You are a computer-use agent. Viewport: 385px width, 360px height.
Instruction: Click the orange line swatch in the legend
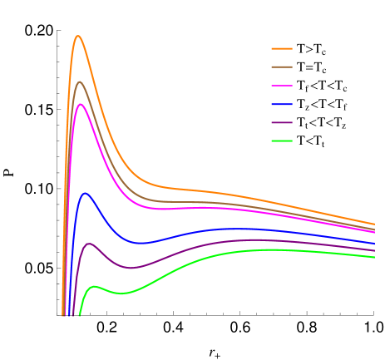tap(282, 48)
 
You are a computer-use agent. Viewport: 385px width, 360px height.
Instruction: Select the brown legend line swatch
tap(282, 67)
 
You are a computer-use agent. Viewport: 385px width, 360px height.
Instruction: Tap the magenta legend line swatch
tap(282, 86)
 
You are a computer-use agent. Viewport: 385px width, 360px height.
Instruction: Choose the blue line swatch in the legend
tap(282, 104)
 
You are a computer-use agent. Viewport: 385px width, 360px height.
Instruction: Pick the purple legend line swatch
tap(282, 122)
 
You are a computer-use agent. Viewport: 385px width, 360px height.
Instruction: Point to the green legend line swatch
tap(282, 141)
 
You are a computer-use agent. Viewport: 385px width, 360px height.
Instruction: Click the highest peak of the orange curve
tap(78, 36)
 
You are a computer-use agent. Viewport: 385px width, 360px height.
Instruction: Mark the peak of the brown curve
tap(80, 81)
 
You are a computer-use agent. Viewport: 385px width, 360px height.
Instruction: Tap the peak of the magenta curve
tap(81, 105)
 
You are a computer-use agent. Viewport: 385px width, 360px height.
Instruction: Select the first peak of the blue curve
tap(85, 194)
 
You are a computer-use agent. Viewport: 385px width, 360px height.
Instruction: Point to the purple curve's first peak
tap(89, 244)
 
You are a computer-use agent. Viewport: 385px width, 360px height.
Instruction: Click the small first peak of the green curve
tap(96, 287)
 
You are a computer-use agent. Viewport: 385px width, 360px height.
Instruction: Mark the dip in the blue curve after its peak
tap(141, 243)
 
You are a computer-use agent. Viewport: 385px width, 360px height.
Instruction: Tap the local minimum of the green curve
tap(121, 293)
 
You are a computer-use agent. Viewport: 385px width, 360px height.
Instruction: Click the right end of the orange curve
tap(374, 224)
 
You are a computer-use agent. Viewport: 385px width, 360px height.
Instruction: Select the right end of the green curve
tap(374, 257)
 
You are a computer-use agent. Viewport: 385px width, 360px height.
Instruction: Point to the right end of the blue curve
tap(374, 244)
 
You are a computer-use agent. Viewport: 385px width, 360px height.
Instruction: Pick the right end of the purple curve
tap(374, 249)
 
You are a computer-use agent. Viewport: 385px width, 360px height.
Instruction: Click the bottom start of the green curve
tap(80, 316)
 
